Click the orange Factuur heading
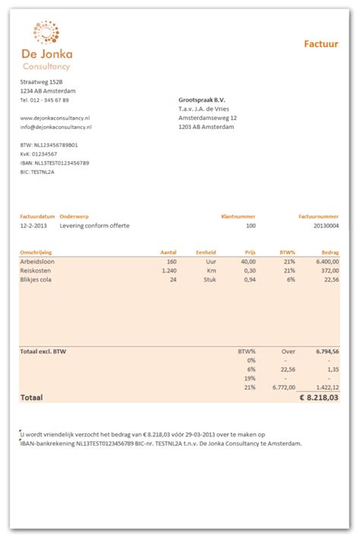coord(321,44)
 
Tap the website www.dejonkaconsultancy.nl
coord(55,118)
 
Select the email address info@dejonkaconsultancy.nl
coord(55,128)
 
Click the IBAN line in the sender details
coord(55,162)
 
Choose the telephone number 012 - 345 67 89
coord(45,100)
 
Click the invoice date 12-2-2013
coord(34,225)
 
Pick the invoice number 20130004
coord(324,225)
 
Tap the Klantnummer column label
coord(238,216)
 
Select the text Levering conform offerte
coord(94,225)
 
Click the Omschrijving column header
coord(37,252)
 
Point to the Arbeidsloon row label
coord(37,261)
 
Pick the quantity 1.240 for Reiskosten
coord(169,270)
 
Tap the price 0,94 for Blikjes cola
coord(249,279)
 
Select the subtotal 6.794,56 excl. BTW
coord(326,352)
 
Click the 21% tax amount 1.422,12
coord(327,386)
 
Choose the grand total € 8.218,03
coord(319,397)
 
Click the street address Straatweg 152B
coord(41,82)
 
